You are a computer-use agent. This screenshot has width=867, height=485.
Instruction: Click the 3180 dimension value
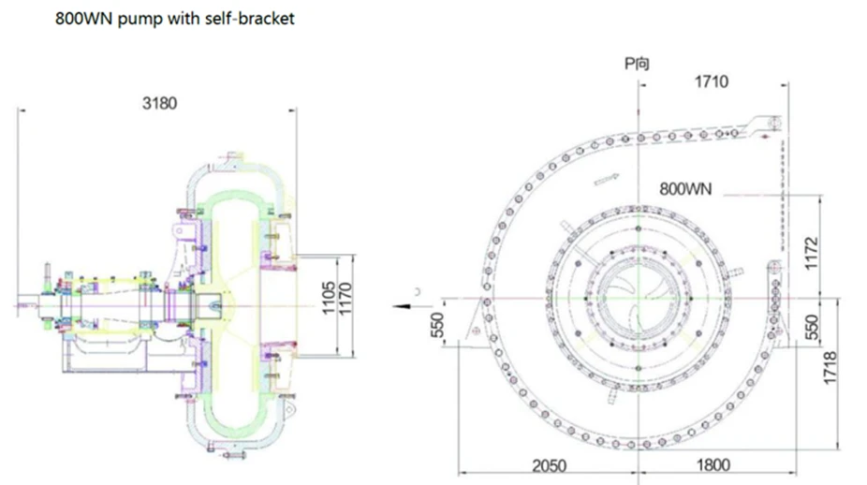[x=159, y=101]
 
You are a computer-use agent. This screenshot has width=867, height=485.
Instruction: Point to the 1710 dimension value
[x=712, y=82]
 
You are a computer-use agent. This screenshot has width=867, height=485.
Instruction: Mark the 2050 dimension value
[x=551, y=463]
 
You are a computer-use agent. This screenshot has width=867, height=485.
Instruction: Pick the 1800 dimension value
[x=713, y=463]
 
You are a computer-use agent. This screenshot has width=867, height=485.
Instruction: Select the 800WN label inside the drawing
[x=685, y=188]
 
